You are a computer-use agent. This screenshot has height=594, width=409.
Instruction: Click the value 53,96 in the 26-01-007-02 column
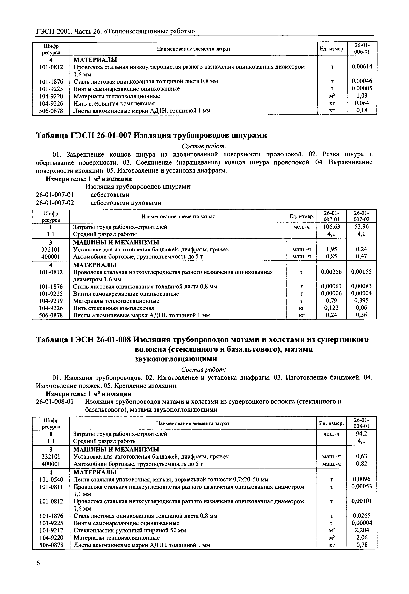click(361, 227)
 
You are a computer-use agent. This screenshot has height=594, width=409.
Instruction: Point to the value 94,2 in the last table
click(361, 434)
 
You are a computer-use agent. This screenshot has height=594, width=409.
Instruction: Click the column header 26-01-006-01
click(362, 48)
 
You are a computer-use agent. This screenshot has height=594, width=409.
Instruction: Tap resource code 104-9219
click(51, 301)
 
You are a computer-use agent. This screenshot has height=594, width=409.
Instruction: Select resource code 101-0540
click(51, 479)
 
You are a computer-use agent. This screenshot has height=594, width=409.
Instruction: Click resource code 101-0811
click(51, 487)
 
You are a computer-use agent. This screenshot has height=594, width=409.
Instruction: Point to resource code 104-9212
click(51, 530)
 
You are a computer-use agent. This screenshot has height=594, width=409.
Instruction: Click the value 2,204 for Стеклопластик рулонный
click(361, 530)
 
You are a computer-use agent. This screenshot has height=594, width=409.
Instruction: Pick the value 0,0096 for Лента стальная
click(361, 479)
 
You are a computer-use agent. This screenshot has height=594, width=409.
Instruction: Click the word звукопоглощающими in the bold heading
click(176, 359)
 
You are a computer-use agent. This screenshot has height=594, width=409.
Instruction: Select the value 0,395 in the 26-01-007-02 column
click(361, 301)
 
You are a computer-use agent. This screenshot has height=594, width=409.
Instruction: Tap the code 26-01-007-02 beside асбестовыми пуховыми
click(55, 203)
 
